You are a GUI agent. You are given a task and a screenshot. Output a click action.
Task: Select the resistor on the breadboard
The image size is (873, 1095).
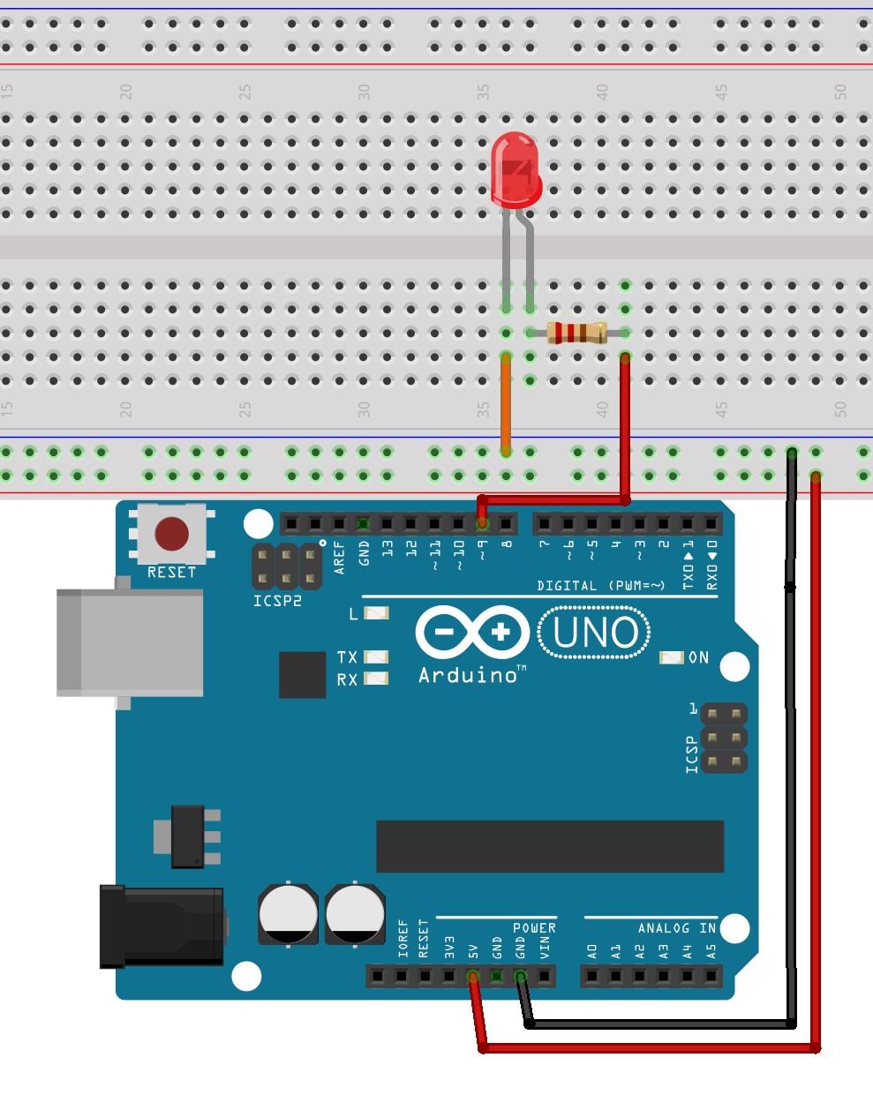tap(576, 333)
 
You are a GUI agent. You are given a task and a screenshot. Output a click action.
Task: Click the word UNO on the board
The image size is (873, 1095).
tap(596, 632)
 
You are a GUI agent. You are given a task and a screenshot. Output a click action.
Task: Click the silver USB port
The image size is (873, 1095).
tap(129, 642)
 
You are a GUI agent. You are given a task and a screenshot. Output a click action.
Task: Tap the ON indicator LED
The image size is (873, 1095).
tap(672, 657)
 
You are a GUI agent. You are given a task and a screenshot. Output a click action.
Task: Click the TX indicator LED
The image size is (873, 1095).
tap(377, 657)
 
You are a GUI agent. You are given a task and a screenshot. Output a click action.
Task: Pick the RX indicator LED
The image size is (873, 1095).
tap(377, 679)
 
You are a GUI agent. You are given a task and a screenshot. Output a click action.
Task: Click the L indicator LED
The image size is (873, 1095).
tap(377, 613)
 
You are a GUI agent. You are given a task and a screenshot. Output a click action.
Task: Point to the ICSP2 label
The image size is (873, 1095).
tap(277, 601)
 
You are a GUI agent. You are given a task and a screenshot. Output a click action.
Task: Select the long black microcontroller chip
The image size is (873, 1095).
tap(549, 846)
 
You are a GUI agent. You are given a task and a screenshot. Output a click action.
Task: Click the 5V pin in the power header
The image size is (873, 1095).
tap(473, 977)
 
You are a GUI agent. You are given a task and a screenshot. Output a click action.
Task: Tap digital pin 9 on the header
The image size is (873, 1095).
tap(482, 524)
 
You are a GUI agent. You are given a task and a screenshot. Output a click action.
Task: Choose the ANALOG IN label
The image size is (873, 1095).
tap(676, 928)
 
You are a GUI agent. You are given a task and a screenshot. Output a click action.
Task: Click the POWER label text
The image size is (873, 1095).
tap(534, 928)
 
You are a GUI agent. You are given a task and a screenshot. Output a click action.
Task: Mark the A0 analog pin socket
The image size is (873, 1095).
tap(592, 977)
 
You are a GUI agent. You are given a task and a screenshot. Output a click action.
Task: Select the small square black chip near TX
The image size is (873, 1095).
tap(302, 675)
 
